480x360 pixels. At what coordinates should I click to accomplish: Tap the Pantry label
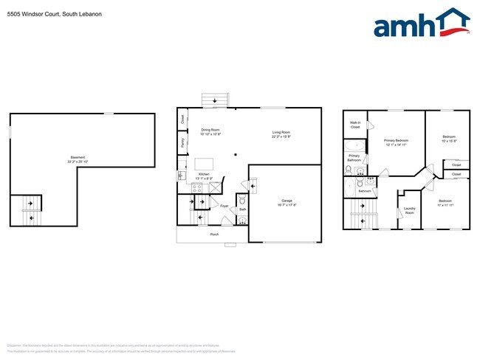[182, 142]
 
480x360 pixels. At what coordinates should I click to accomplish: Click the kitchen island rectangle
[205, 164]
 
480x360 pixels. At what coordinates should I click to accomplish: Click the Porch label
[214, 235]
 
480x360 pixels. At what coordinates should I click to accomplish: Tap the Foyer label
[224, 207]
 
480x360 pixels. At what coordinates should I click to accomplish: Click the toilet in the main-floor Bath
[242, 200]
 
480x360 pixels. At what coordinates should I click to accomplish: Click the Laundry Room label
[409, 210]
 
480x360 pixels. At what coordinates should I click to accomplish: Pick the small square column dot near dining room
[236, 155]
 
